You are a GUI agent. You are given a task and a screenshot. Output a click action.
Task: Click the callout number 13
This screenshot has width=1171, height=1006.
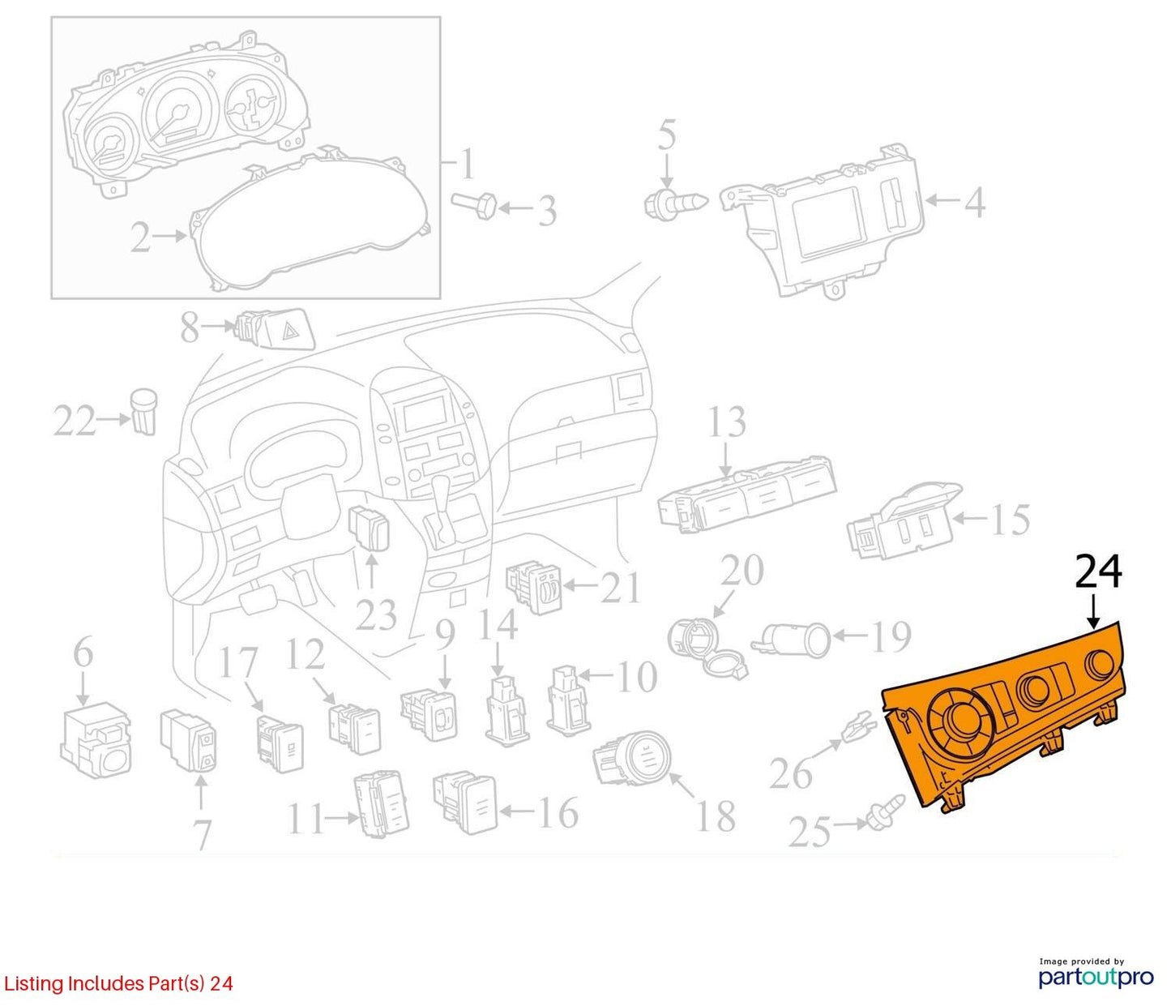click(727, 422)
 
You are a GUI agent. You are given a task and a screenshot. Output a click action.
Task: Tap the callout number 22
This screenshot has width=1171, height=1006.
click(75, 421)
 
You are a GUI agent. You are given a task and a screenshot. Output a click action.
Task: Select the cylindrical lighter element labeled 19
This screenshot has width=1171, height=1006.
click(791, 640)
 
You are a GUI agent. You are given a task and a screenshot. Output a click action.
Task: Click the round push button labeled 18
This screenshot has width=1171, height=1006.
click(632, 758)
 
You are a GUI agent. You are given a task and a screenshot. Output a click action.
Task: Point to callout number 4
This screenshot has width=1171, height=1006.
click(974, 201)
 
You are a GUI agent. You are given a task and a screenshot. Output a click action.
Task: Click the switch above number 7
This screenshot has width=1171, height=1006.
click(189, 741)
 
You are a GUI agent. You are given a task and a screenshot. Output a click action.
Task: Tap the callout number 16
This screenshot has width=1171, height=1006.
click(558, 813)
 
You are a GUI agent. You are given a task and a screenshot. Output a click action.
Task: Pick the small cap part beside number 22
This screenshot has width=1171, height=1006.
click(144, 411)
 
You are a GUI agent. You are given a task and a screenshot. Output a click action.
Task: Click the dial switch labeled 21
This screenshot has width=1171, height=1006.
click(534, 589)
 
